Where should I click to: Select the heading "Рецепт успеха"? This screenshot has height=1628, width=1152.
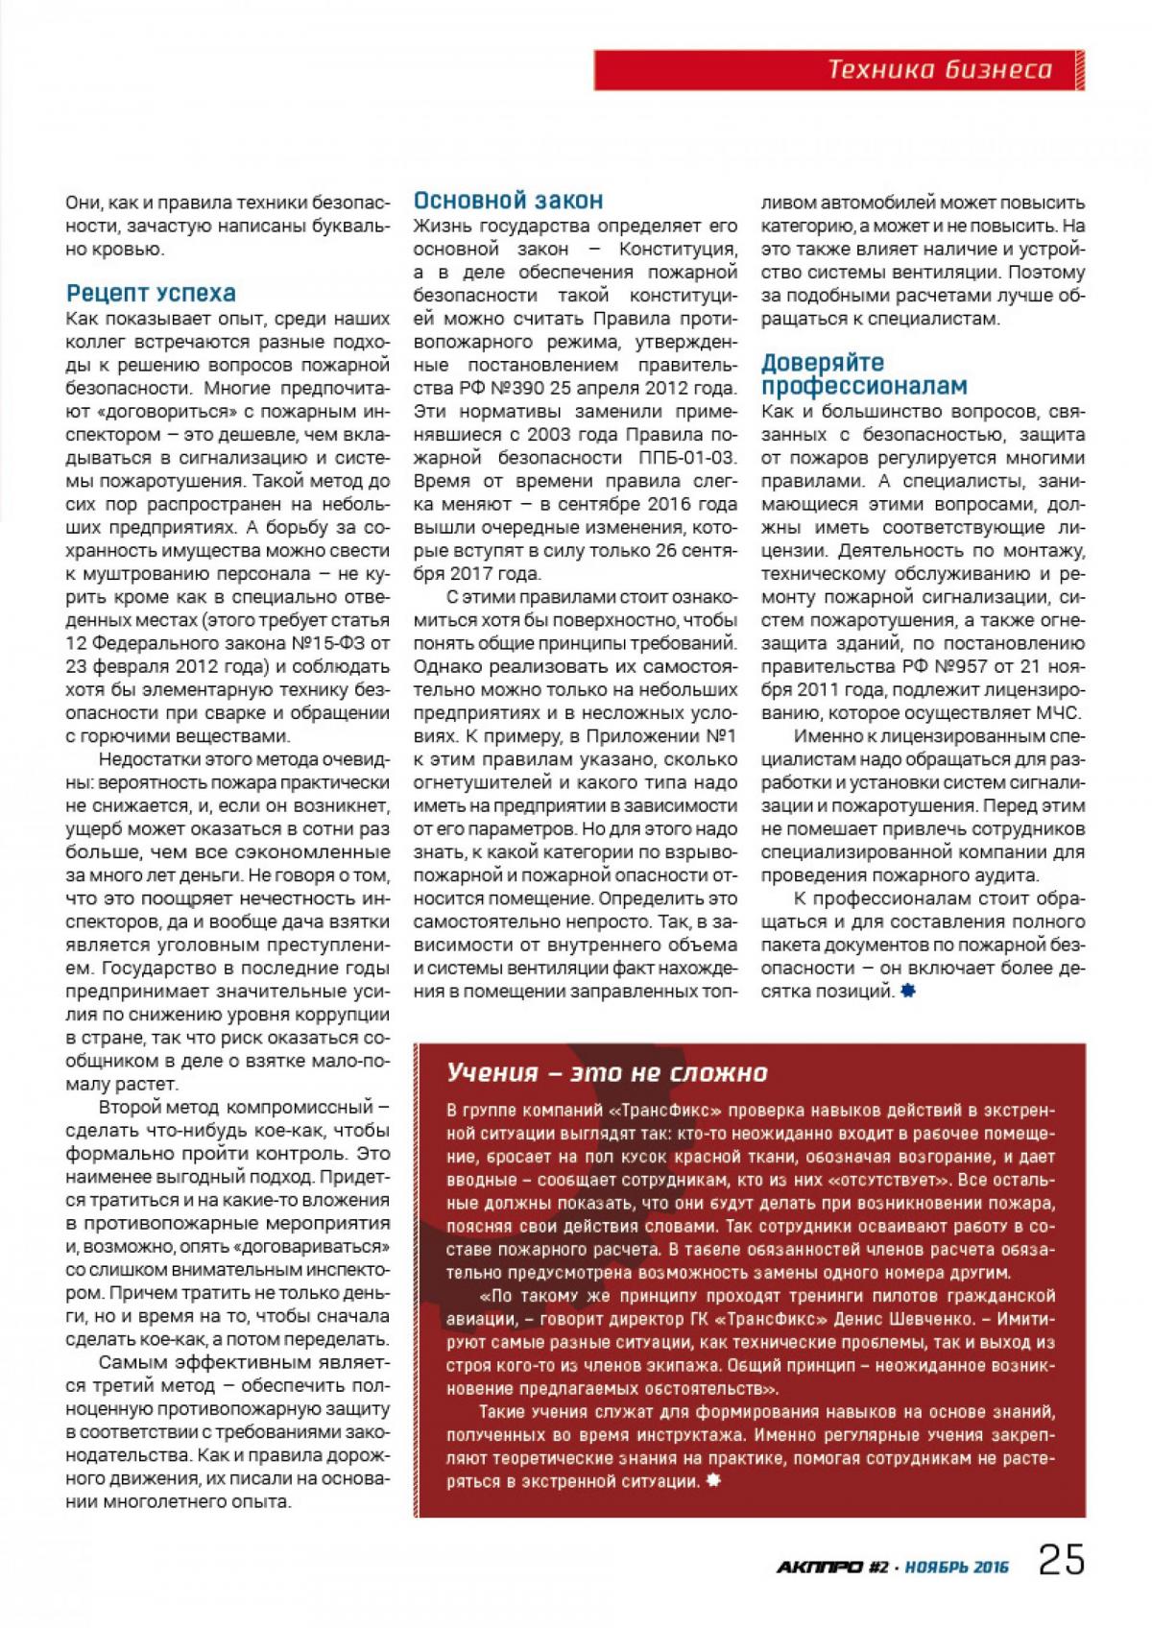pos(151,293)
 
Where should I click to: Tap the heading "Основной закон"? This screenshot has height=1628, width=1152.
pos(508,201)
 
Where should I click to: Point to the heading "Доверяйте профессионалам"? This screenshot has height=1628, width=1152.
pos(864,374)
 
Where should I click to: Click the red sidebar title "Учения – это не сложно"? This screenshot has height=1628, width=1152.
pos(608,1072)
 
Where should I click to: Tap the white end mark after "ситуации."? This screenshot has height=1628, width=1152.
pos(711,1481)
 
